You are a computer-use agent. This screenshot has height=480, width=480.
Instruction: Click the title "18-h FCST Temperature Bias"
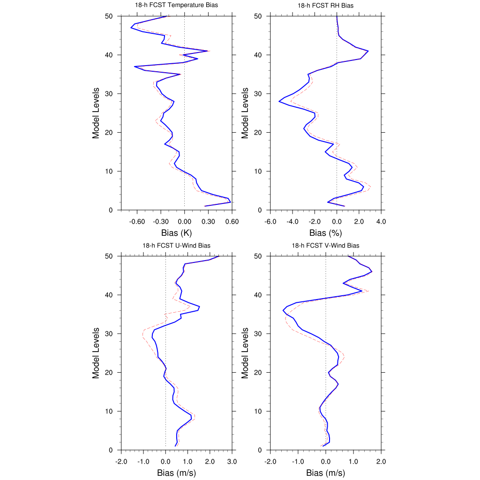click(176, 5)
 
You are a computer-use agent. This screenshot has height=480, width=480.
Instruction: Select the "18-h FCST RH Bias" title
click(325, 6)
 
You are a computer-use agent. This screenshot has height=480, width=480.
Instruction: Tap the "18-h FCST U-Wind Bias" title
click(176, 246)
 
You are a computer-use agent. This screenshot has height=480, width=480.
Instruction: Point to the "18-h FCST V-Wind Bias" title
click(325, 246)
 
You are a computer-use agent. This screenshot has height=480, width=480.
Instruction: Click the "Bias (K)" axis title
click(176, 233)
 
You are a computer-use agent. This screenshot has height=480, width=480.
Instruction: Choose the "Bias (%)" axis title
click(325, 233)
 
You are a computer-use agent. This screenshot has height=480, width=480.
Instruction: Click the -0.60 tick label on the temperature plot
click(137, 222)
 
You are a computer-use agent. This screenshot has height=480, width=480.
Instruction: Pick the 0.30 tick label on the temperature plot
click(208, 222)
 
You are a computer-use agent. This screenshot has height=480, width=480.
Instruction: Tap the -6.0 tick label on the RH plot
click(270, 222)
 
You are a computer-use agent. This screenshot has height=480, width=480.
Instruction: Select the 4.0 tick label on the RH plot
click(381, 222)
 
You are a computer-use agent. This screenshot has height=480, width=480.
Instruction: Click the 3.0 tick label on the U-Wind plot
click(232, 462)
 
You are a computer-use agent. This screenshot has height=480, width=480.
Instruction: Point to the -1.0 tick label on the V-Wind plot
click(298, 462)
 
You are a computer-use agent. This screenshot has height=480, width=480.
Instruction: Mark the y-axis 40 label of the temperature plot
click(109, 55)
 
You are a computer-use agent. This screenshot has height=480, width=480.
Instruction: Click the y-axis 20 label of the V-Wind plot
click(258, 373)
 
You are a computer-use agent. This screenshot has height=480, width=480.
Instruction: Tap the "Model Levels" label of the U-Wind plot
click(96, 353)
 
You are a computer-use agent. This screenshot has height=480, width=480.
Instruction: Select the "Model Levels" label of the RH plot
click(245, 113)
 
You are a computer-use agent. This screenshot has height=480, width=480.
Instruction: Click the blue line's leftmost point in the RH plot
click(279, 101)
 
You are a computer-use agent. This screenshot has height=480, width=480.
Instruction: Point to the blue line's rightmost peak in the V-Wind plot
click(372, 271)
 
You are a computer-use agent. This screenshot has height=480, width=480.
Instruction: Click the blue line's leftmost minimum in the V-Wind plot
click(283, 310)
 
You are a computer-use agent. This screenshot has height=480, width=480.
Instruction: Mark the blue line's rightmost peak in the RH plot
click(368, 51)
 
